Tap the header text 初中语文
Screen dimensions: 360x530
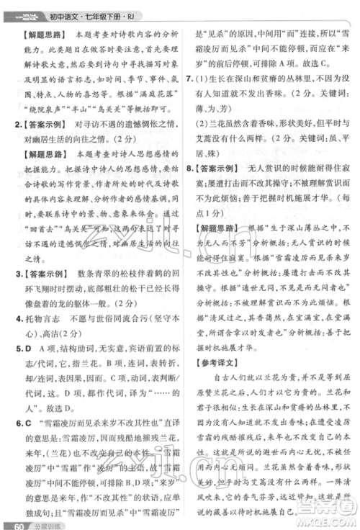tap(72, 10)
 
